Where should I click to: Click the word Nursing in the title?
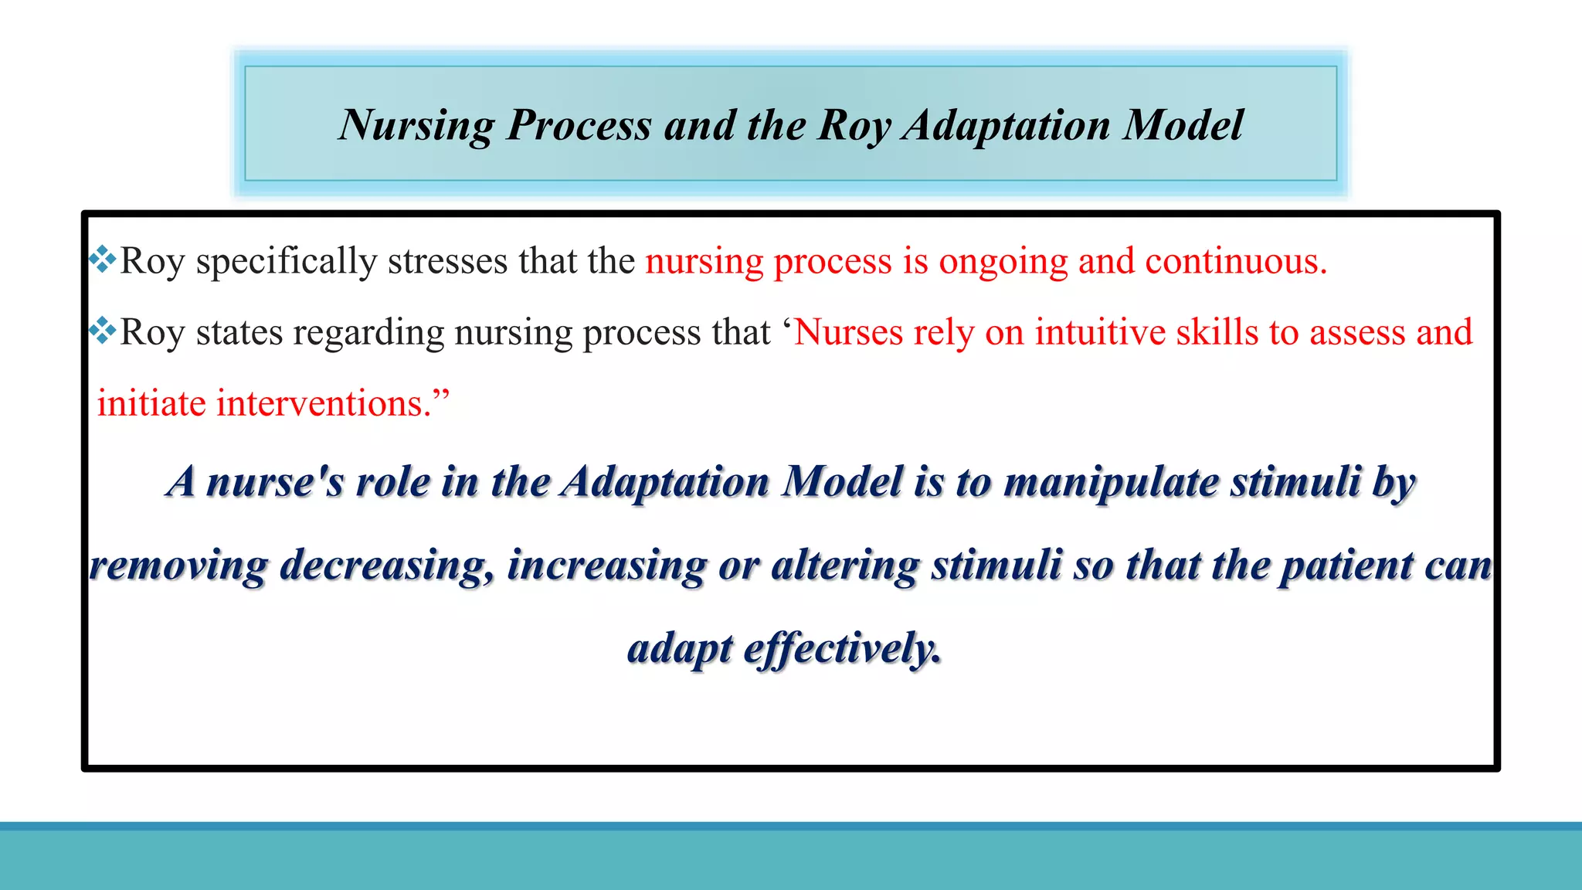point(416,125)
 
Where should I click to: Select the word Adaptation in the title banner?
point(1007,125)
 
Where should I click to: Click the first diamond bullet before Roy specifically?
point(102,259)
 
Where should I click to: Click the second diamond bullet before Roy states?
point(102,331)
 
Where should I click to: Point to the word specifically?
point(286,261)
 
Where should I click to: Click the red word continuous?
point(1235,261)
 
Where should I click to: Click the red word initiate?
point(151,403)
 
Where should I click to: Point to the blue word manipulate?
point(1112,482)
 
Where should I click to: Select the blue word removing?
point(178,566)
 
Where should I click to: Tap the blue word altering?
point(846,566)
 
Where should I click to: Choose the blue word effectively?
point(842,649)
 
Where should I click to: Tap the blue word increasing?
point(606,566)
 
